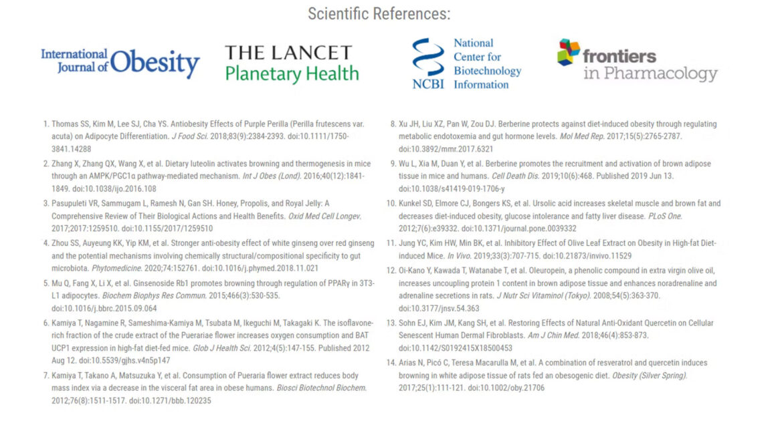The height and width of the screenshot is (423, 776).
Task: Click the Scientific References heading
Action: click(379, 13)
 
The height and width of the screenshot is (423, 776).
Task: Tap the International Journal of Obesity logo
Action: click(120, 63)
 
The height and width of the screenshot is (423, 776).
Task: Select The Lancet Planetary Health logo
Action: click(292, 63)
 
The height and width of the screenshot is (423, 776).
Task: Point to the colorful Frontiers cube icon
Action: click(569, 52)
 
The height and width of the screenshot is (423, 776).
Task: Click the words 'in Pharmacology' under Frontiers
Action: click(650, 73)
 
